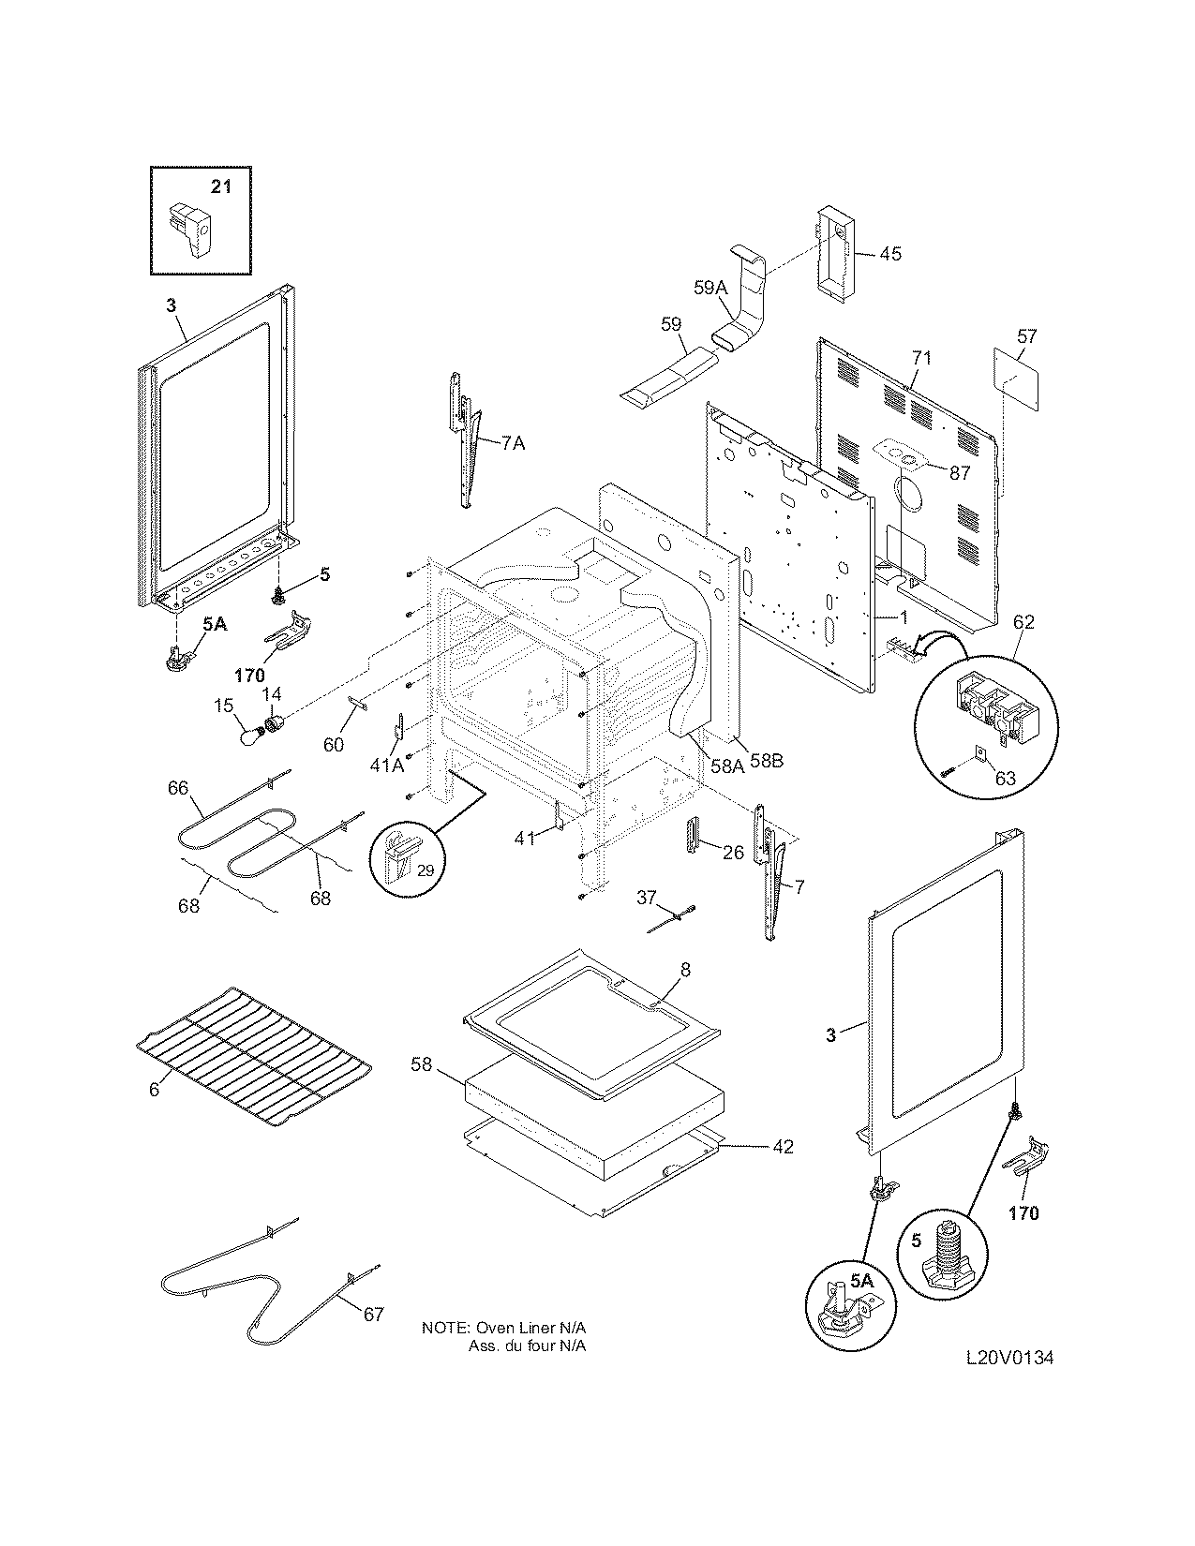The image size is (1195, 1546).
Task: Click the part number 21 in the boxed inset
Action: [219, 186]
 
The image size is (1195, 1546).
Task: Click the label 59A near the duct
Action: [710, 289]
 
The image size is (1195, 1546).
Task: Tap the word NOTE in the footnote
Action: [444, 1329]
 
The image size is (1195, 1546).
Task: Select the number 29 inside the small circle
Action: [425, 870]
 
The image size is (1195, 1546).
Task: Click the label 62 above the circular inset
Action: [1023, 621]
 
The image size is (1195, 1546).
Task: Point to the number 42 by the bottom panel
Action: [783, 1146]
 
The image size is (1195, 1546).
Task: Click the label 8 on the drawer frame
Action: [684, 972]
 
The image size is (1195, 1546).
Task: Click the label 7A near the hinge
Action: [512, 443]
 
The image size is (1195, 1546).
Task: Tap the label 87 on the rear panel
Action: [959, 473]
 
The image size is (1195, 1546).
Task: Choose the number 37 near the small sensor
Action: [647, 898]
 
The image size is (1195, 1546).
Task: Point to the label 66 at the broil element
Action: [178, 788]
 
